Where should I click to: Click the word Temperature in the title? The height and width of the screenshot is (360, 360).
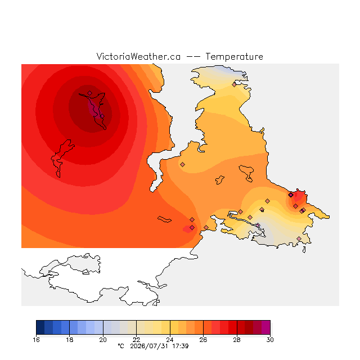[x=234, y=57]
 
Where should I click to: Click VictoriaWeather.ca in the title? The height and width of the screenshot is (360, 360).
[x=138, y=57]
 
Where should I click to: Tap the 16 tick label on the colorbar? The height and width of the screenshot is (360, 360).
[x=36, y=340]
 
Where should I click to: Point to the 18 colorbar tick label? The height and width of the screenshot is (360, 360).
[x=70, y=340]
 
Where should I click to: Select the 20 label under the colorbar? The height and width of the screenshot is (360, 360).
[x=103, y=340]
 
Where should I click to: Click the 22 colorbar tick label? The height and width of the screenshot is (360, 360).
[x=136, y=340]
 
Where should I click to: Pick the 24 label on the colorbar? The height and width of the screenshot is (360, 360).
[x=170, y=340]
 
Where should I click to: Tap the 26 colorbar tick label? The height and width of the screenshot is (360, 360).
[x=203, y=340]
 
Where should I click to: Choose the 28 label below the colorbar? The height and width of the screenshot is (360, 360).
[x=237, y=340]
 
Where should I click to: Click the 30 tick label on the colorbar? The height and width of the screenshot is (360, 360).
[x=270, y=340]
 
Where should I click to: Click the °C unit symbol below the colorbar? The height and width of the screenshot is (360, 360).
[x=121, y=346]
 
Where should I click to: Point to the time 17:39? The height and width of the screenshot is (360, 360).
[x=180, y=346]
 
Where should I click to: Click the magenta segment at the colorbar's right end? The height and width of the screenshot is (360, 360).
[x=266, y=327]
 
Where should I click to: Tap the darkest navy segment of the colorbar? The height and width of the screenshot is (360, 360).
[x=40, y=327]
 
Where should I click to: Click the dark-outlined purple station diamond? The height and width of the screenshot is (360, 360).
[x=291, y=195]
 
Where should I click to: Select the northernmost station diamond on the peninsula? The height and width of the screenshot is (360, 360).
[x=234, y=85]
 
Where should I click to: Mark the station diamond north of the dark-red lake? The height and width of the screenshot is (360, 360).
[x=90, y=93]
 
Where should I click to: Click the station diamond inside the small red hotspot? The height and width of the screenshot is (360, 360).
[x=192, y=227]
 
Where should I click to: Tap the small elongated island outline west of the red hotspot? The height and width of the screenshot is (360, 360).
[x=164, y=219]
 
